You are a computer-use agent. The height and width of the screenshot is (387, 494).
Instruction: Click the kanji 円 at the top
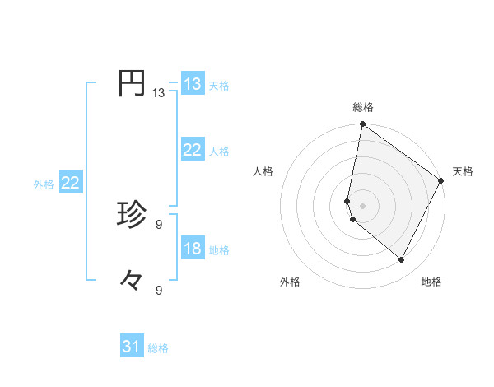click(132, 84)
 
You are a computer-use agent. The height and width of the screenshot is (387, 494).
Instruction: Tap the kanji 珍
click(132, 216)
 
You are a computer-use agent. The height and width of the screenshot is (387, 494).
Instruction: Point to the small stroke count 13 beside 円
click(158, 93)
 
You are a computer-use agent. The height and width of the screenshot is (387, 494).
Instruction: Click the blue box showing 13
click(193, 84)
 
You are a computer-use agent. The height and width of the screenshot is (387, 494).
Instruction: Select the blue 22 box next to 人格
click(193, 150)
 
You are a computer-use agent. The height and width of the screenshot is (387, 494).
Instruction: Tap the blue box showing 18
click(193, 249)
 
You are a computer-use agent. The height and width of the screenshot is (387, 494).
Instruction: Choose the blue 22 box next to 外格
click(70, 183)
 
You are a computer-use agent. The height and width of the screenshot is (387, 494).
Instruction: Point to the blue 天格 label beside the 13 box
click(219, 86)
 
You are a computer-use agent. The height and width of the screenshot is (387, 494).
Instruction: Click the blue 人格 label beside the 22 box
click(219, 152)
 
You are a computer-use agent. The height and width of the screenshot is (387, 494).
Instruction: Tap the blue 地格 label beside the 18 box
click(219, 250)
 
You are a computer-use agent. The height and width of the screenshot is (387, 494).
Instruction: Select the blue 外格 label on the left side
click(44, 184)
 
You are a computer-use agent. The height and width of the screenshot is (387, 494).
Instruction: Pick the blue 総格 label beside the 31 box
click(158, 348)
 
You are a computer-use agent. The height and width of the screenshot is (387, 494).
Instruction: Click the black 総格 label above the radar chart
click(363, 107)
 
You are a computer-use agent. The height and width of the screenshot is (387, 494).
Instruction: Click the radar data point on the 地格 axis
click(402, 260)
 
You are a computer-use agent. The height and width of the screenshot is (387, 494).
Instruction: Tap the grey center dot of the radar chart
click(363, 206)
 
